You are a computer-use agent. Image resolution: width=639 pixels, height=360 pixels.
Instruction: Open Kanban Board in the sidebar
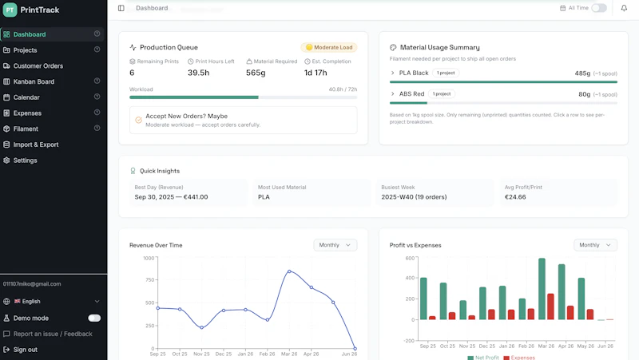click(x=34, y=81)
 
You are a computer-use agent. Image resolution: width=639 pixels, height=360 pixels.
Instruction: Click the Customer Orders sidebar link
click(x=38, y=66)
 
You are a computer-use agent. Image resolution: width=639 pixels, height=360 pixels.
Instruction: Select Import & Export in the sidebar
click(x=36, y=144)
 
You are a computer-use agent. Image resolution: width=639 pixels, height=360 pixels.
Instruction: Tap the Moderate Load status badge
click(x=329, y=47)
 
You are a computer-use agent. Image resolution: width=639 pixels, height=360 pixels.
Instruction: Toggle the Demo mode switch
click(x=94, y=318)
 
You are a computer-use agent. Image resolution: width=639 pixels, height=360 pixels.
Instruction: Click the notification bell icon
click(x=624, y=8)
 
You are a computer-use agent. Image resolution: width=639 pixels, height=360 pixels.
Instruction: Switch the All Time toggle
click(x=599, y=8)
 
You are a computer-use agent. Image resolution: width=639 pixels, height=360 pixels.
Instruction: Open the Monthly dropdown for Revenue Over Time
click(x=335, y=245)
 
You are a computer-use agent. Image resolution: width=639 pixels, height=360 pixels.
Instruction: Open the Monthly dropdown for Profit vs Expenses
click(x=595, y=245)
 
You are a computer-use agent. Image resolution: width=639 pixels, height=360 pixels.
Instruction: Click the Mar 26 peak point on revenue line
click(x=289, y=271)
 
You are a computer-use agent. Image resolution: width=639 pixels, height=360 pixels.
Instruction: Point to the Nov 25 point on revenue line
click(x=202, y=327)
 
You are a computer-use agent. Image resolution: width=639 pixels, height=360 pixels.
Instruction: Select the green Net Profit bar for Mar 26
click(x=542, y=289)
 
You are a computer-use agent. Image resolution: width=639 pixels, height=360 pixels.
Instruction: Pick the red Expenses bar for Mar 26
click(x=550, y=307)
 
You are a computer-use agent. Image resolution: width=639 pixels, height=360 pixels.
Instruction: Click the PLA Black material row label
click(x=414, y=73)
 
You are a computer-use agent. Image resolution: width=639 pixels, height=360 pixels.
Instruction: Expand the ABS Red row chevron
click(x=392, y=94)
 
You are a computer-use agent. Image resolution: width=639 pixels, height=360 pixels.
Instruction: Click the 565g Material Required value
click(x=256, y=73)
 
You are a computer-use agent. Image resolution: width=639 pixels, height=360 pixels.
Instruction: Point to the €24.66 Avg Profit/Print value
click(x=515, y=197)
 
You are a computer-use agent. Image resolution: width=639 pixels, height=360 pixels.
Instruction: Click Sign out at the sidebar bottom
click(x=26, y=350)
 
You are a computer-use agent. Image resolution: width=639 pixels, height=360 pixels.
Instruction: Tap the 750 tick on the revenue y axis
click(x=149, y=280)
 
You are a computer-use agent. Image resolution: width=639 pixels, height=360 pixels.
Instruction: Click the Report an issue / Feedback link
click(x=53, y=334)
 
